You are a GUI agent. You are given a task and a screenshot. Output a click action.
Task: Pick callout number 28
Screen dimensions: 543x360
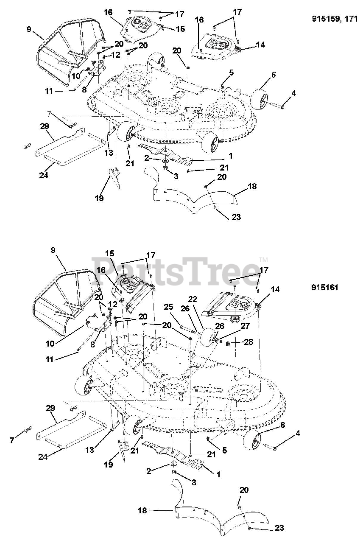click(x=248, y=342)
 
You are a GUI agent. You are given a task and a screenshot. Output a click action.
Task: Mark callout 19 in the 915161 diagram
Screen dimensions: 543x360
click(x=109, y=465)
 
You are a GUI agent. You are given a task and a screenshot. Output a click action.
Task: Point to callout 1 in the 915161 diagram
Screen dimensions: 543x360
click(x=218, y=474)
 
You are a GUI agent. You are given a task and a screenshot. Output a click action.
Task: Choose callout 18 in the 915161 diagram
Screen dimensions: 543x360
click(x=143, y=511)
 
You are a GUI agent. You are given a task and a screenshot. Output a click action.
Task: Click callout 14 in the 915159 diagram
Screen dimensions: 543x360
click(x=260, y=44)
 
